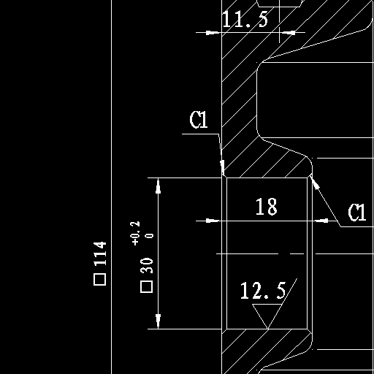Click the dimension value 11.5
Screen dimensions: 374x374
tap(245, 19)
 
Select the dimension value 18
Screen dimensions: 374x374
tap(267, 207)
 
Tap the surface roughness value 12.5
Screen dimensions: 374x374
tap(263, 291)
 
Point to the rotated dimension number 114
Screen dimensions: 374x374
tap(100, 253)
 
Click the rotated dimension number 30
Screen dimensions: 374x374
tap(147, 265)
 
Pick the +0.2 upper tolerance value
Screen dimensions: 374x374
tap(135, 233)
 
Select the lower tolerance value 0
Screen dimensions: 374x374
tap(150, 236)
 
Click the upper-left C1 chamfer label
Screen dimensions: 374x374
tap(199, 120)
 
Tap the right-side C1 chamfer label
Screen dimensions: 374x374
tap(357, 213)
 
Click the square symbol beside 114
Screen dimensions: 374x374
tap(100, 279)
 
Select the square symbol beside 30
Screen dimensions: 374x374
tap(147, 286)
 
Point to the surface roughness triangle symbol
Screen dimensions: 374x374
tap(267, 316)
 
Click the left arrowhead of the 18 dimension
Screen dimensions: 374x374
tap(213, 221)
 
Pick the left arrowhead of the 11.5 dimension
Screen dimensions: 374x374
tap(213, 32)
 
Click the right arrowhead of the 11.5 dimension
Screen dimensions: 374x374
tap(288, 32)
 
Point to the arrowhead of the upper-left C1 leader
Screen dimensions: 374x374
tap(222, 167)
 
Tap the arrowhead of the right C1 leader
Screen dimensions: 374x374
tap(315, 182)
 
